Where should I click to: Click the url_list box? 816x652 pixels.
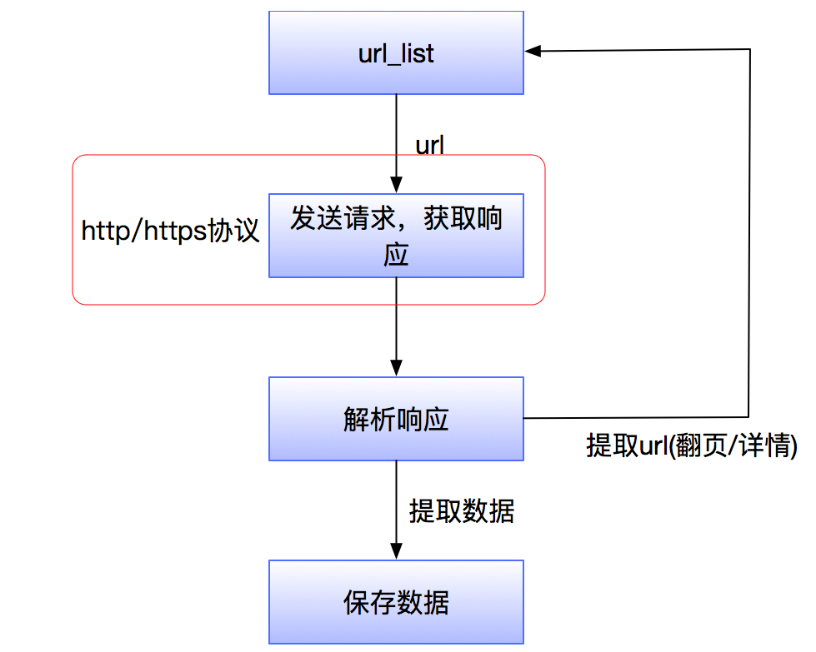[396, 52]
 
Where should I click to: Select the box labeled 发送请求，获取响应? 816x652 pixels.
[396, 236]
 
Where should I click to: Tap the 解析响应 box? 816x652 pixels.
[396, 418]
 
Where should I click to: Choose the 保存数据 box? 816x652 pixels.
[396, 601]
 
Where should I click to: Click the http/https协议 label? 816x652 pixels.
[171, 231]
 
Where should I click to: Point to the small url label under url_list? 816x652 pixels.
[429, 145]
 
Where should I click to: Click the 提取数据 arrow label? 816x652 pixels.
[461, 510]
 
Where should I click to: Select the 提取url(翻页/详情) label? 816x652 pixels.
[692, 445]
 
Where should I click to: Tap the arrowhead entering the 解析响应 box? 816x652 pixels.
[396, 368]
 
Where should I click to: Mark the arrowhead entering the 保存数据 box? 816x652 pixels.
[396, 551]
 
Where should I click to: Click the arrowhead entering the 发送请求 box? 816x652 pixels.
[396, 186]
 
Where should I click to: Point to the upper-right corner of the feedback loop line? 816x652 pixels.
[749, 50]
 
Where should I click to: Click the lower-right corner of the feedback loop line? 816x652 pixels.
[749, 416]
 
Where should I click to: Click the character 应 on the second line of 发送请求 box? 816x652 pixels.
[396, 254]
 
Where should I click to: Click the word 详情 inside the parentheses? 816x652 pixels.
[767, 445]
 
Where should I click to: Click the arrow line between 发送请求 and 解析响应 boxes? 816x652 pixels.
[396, 321]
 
